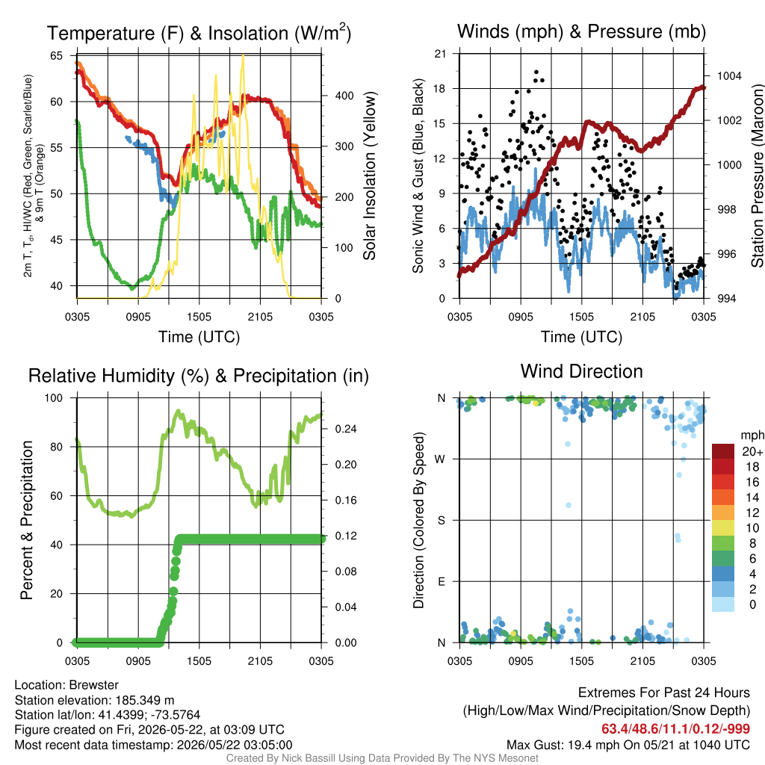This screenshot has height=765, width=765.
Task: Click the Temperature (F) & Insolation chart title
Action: click(x=199, y=33)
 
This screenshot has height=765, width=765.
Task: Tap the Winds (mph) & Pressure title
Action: click(x=581, y=31)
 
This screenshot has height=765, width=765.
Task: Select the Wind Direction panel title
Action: click(x=581, y=371)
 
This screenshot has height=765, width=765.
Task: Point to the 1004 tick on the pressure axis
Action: click(x=729, y=75)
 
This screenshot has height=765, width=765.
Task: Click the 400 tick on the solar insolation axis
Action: click(x=344, y=96)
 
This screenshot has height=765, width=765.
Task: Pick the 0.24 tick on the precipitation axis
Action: click(x=346, y=429)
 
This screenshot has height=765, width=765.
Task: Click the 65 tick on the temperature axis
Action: click(x=57, y=55)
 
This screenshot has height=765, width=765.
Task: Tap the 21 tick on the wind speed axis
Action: click(x=440, y=54)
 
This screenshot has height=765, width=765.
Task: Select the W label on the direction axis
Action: click(x=440, y=459)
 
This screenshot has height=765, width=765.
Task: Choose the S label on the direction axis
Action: click(x=441, y=521)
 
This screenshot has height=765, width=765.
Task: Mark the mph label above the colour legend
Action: click(x=752, y=435)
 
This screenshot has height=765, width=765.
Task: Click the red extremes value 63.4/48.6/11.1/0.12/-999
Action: click(x=675, y=728)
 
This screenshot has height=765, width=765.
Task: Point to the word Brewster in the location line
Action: click(x=93, y=685)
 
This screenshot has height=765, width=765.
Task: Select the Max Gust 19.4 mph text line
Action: click(x=628, y=745)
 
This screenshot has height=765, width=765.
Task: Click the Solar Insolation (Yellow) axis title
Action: click(x=370, y=176)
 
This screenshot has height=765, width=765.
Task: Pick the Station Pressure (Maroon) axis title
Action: click(x=757, y=176)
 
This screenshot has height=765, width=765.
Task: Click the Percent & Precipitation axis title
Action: click(x=27, y=520)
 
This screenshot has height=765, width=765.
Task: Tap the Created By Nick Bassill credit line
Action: click(x=382, y=758)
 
